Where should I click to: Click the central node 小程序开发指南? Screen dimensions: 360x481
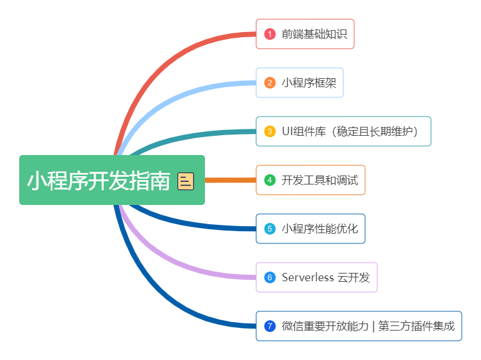[99, 180]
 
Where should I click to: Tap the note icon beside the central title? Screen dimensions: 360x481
[186, 181]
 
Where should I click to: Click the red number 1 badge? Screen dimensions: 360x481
[270, 34]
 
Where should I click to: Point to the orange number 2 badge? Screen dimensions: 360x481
[270, 83]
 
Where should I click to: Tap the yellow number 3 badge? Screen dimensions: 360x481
[270, 131]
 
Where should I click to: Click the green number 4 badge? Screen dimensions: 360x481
[270, 180]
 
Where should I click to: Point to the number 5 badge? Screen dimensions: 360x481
[270, 229]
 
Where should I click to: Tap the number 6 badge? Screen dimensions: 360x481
[270, 277]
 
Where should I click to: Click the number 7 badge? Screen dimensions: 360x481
[270, 326]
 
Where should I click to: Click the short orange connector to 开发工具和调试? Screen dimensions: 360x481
[231, 180]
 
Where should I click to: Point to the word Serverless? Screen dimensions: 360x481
[307, 277]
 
